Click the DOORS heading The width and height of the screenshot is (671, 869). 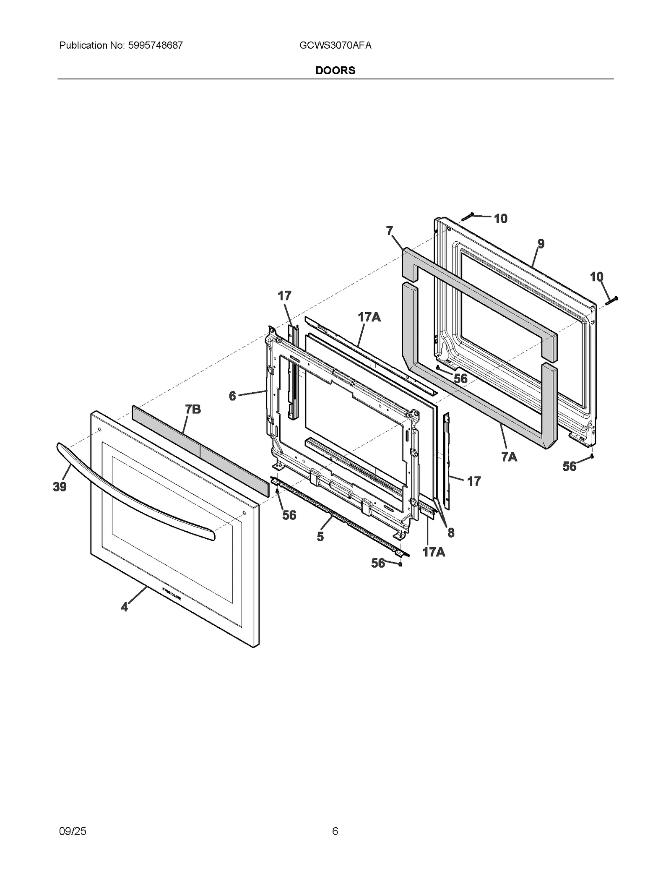click(x=335, y=70)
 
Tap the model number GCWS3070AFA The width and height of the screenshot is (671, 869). click(x=335, y=45)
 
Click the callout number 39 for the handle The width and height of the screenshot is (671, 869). click(x=60, y=487)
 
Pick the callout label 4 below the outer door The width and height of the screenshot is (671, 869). click(x=124, y=607)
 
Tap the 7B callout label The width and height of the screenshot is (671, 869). click(x=193, y=409)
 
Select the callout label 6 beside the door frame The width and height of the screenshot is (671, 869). click(x=232, y=396)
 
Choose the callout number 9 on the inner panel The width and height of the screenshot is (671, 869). click(x=541, y=243)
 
